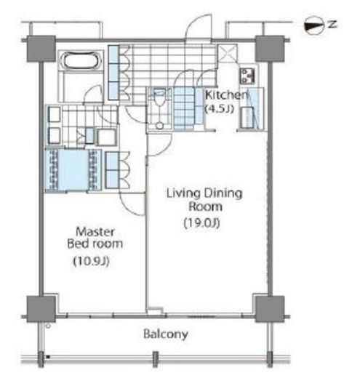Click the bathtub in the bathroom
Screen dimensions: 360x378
pyautogui.click(x=81, y=60)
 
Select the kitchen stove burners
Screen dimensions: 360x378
pyautogui.click(x=247, y=76)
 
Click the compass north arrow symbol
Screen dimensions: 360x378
pyautogui.click(x=314, y=25)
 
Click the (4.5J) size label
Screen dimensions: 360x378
pyautogui.click(x=220, y=108)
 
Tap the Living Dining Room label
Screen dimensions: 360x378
pyautogui.click(x=204, y=200)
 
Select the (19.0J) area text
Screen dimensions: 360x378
pyautogui.click(x=201, y=222)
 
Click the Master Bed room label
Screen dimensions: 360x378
pyautogui.click(x=95, y=238)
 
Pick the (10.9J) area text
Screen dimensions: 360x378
pyautogui.click(x=92, y=261)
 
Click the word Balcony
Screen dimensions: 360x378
pyautogui.click(x=166, y=334)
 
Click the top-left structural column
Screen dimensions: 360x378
pyautogui.click(x=41, y=49)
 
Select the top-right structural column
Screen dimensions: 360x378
pyautogui.click(x=270, y=49)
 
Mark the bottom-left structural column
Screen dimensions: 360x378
pyautogui.click(x=41, y=309)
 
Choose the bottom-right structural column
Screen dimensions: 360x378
pyautogui.click(x=270, y=309)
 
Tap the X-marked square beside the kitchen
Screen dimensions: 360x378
pyautogui.click(x=227, y=53)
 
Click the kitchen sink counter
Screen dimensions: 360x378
pyautogui.click(x=252, y=108)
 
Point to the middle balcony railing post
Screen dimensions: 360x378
pyautogui.click(x=155, y=359)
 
